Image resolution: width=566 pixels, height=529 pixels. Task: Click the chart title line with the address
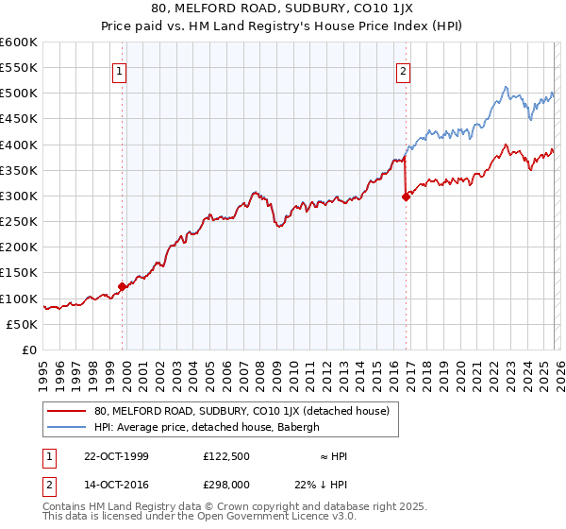pyautogui.click(x=283, y=9)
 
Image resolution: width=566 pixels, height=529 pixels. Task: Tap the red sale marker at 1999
pyautogui.click(x=122, y=286)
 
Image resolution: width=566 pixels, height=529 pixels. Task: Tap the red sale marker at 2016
pyautogui.click(x=406, y=196)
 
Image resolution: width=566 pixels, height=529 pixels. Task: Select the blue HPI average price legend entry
pyautogui.click(x=207, y=427)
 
